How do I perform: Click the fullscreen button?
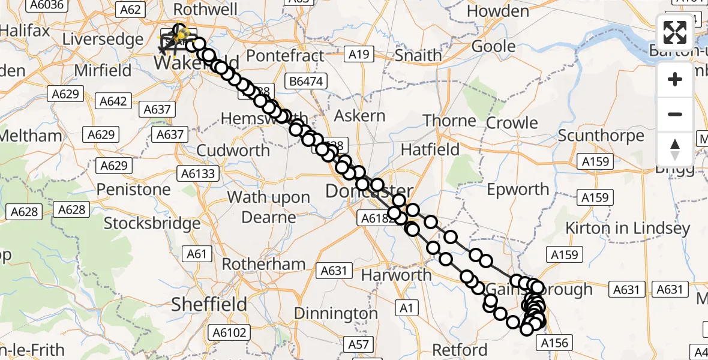675,32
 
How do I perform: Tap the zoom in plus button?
675,79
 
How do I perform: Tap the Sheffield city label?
209,304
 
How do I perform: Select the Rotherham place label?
263,264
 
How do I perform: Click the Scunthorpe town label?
601,135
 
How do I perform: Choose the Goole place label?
494,46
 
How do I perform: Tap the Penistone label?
133,190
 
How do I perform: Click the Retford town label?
460,349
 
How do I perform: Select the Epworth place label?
518,190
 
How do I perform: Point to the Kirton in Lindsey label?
635,229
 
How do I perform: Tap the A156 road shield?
554,343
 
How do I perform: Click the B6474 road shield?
306,80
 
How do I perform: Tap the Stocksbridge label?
152,224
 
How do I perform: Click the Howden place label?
498,11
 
